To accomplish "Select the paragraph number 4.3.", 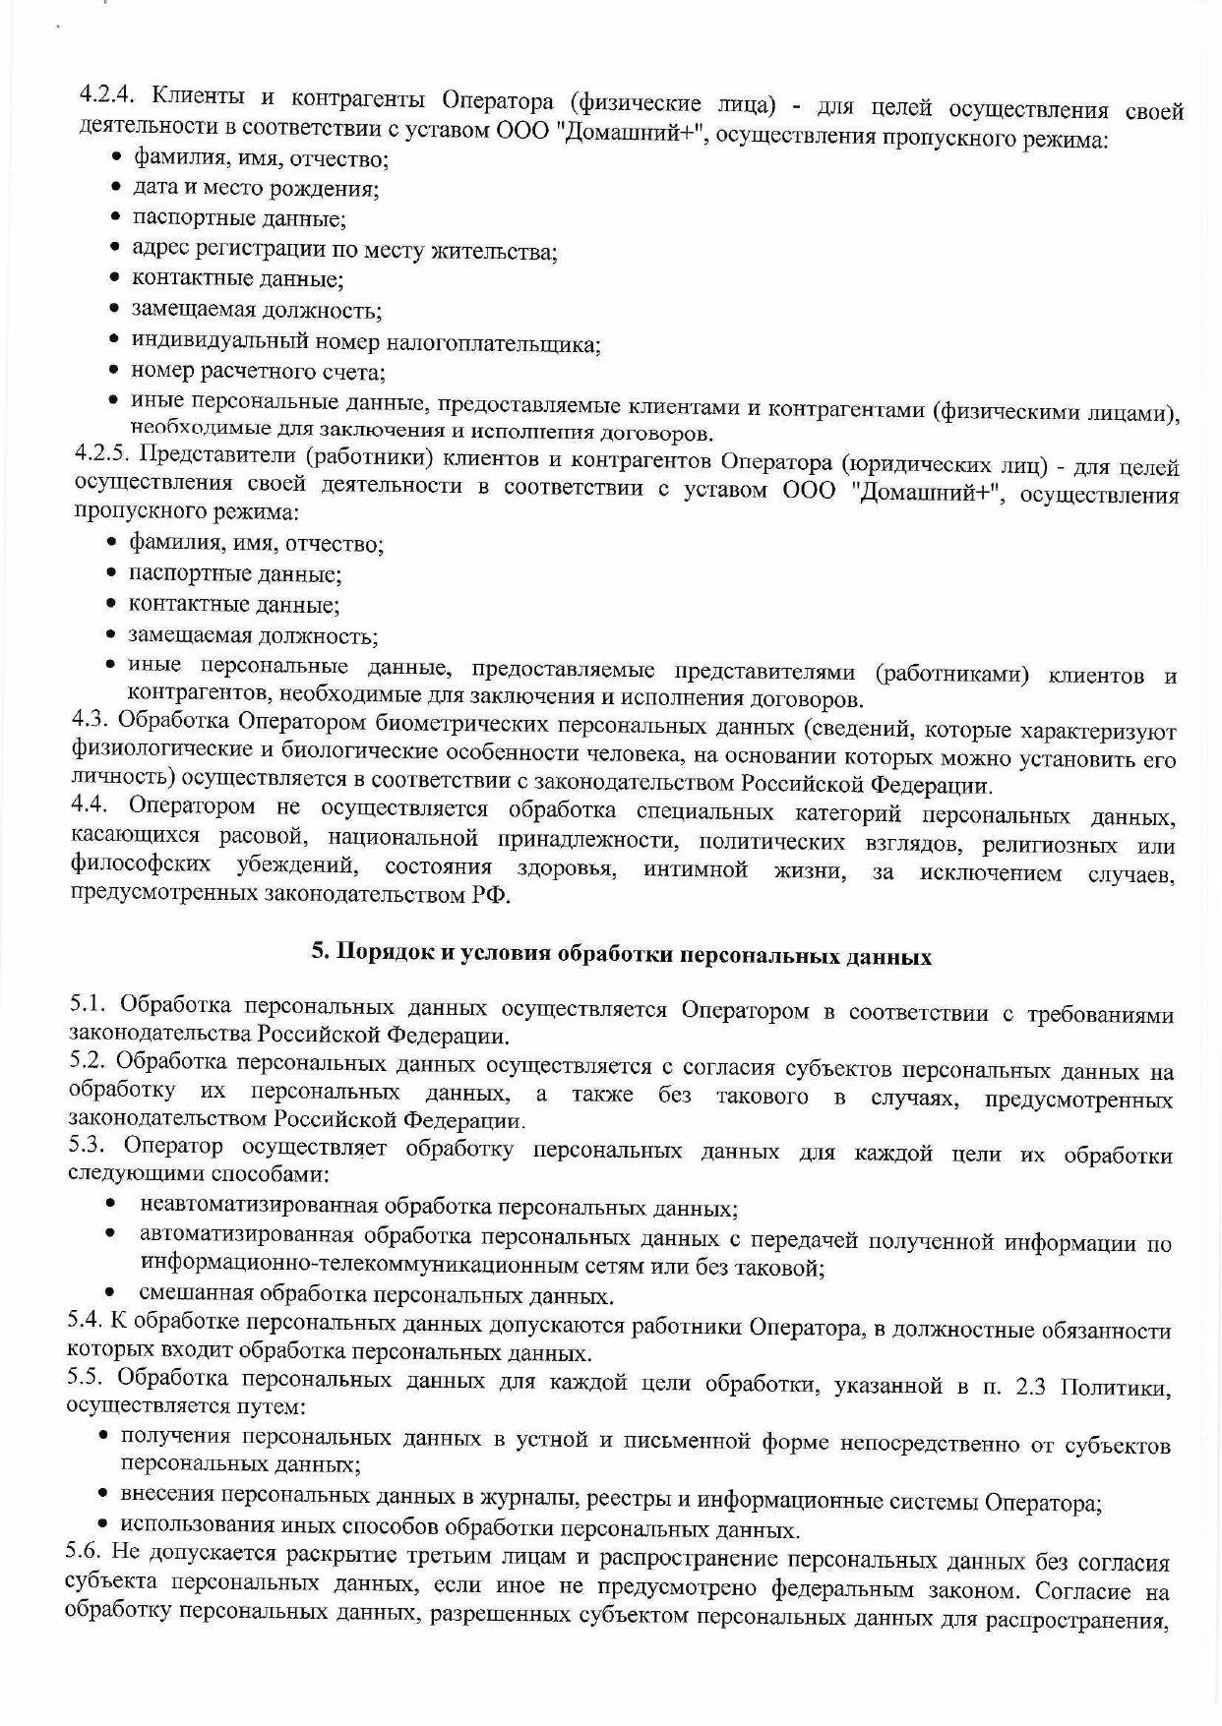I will (91, 719).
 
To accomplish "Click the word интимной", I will (694, 870).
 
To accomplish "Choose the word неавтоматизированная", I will (260, 1205).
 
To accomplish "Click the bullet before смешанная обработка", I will (111, 1292).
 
